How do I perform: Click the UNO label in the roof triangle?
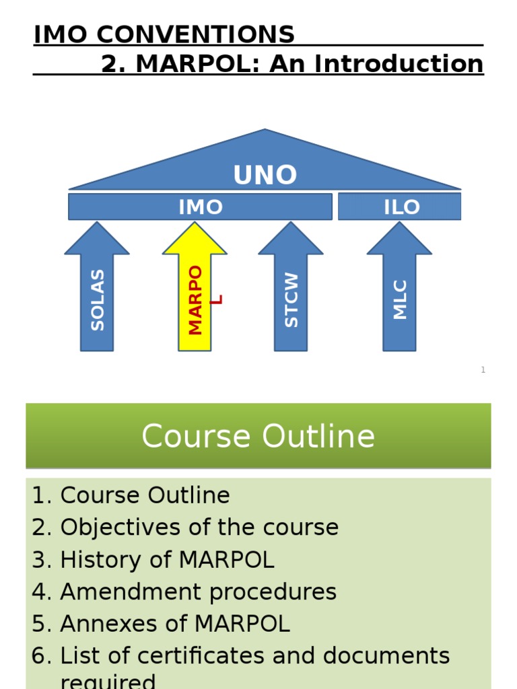pos(265,175)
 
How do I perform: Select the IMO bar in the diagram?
pos(200,207)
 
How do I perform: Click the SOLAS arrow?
pos(97,296)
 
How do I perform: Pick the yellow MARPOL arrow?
pos(195,296)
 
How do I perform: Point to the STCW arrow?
pos(291,296)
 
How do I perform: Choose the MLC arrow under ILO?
pos(400,296)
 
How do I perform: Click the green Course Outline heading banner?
pos(258,436)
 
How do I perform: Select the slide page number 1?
pos(483,370)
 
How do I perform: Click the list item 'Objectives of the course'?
pos(199,528)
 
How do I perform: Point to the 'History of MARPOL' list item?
pos(166,560)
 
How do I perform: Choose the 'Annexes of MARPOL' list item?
pos(174,624)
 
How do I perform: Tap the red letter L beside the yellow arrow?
pos(216,299)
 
